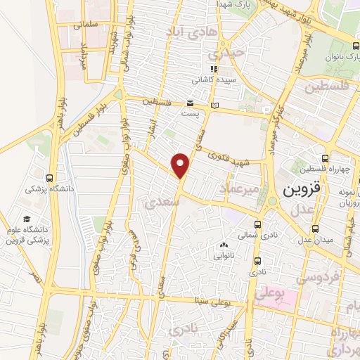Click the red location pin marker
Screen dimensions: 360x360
(181, 165)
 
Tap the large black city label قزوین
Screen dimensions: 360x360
(302, 190)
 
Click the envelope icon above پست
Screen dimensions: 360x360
(190, 103)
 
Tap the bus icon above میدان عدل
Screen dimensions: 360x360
(315, 229)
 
